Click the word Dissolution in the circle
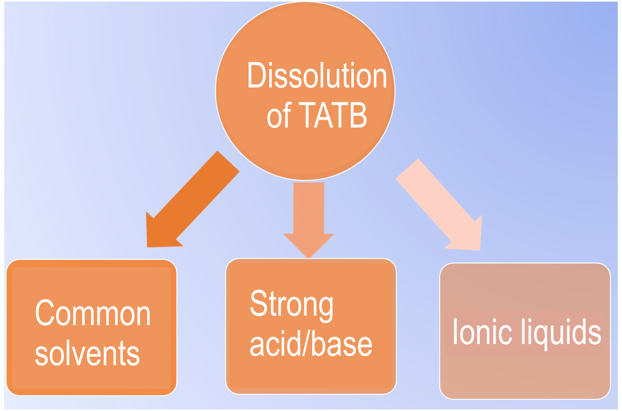pos(317,75)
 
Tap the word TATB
pos(332,115)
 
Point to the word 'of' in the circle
pos(279,115)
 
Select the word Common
pos(92,312)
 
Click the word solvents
pos(87,353)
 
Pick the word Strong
pos(292,305)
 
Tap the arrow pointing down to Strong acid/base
pos(309,220)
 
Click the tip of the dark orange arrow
pos(147,247)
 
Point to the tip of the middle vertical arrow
pos(309,258)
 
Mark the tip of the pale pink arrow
pos(480,250)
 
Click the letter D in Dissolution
pos(256,75)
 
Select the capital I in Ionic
pos(455,331)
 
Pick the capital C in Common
pos(44,312)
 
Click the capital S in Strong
pos(259,302)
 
